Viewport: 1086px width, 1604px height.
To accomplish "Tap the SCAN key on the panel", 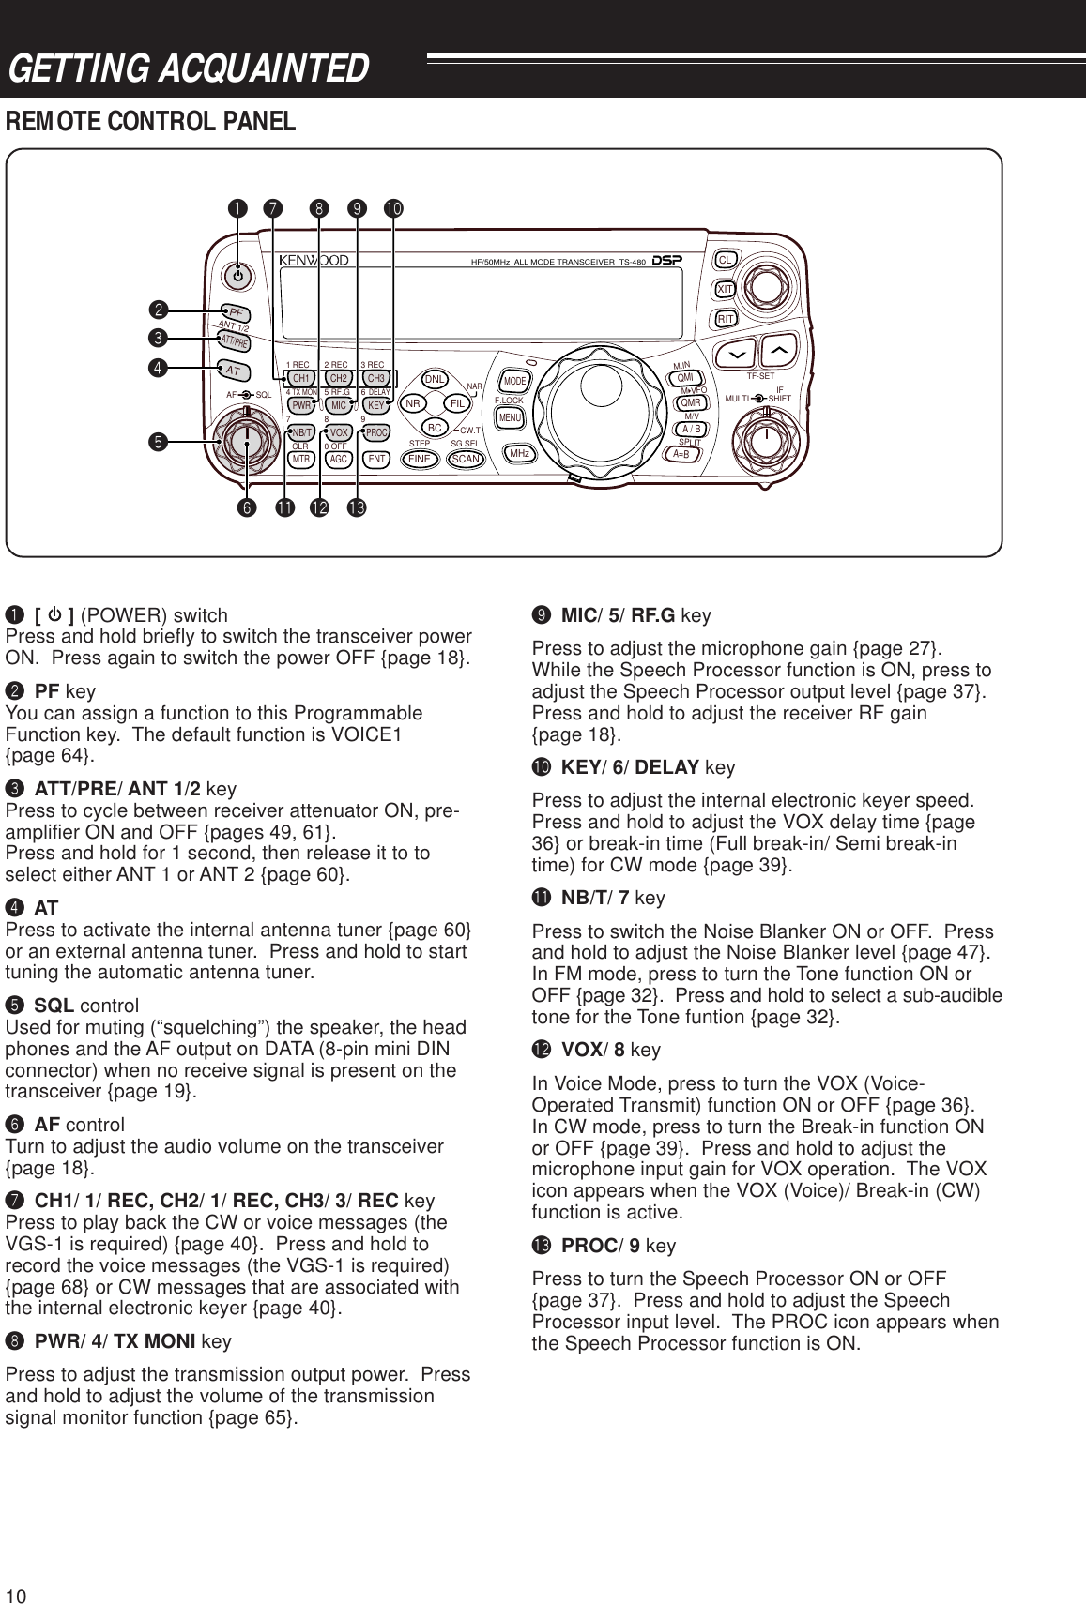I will pyautogui.click(x=467, y=460).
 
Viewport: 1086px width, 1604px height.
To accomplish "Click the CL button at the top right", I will pyautogui.click(x=725, y=259).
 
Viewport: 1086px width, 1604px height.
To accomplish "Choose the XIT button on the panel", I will pyautogui.click(x=725, y=290).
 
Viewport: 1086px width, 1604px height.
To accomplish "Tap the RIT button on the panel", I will pyautogui.click(x=725, y=319).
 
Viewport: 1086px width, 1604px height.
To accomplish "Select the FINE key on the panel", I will pyautogui.click(x=419, y=460).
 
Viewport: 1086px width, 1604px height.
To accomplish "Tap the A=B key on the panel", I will pyautogui.click(x=682, y=454).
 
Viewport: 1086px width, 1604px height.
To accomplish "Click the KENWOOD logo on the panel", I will pyautogui.click(x=314, y=260).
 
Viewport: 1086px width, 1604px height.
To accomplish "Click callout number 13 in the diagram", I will pyautogui.click(x=356, y=508).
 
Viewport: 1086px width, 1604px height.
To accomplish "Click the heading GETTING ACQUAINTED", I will pyautogui.click(x=188, y=68).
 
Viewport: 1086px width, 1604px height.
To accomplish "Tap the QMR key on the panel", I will pyautogui.click(x=690, y=403).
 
